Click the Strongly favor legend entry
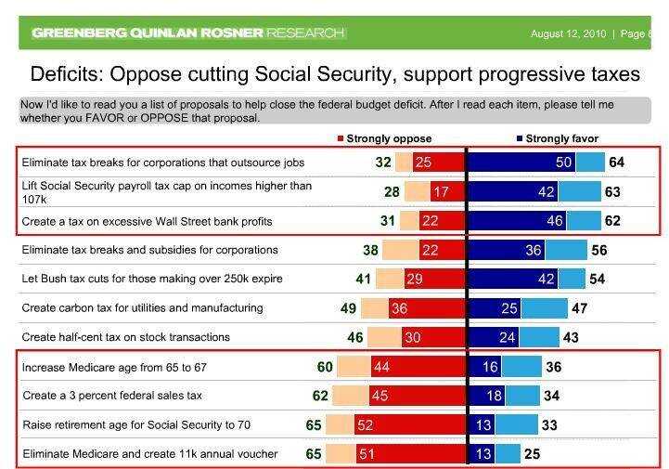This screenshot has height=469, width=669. [x=556, y=139]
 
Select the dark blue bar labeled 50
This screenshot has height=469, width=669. [x=522, y=163]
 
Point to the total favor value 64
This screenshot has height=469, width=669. [x=617, y=163]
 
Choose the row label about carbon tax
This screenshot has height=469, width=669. [x=142, y=307]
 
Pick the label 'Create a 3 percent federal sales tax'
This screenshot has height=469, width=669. [x=112, y=396]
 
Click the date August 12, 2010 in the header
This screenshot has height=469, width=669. [x=568, y=34]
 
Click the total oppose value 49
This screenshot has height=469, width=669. [x=349, y=307]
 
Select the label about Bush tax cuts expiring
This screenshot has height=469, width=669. [x=152, y=279]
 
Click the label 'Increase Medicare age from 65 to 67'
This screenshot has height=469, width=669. [x=114, y=367]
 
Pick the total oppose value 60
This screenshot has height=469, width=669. [x=325, y=367]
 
